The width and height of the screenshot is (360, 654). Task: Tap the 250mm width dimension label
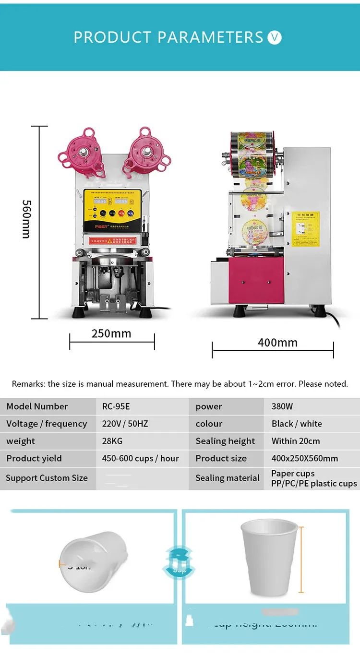(111, 333)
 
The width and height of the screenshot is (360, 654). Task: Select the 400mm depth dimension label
(277, 343)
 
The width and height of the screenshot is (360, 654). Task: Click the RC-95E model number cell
(116, 406)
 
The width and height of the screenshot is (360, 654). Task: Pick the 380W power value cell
(282, 406)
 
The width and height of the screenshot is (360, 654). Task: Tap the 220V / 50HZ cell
(125, 424)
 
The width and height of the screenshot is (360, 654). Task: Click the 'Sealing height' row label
(225, 441)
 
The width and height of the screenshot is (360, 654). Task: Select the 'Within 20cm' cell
(296, 441)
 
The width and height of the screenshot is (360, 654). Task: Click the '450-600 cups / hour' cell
(140, 458)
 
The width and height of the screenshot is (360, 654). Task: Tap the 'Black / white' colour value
(297, 424)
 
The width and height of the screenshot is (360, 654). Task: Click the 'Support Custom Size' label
(47, 478)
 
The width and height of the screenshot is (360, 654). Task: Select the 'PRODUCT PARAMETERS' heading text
(168, 37)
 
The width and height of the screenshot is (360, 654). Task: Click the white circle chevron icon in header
(275, 37)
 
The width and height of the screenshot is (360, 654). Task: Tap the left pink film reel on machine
(84, 153)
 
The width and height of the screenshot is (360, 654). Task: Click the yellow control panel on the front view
(113, 210)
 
